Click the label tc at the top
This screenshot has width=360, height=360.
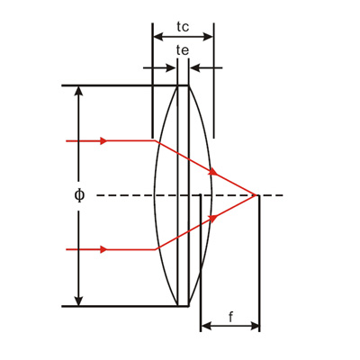(183, 24)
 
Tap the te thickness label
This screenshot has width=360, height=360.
(183, 50)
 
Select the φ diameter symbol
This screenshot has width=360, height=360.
(79, 195)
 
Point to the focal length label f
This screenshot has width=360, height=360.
(230, 317)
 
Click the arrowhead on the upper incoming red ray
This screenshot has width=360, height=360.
(104, 141)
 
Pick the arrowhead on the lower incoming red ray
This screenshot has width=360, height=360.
(104, 249)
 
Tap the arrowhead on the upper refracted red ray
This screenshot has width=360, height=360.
(213, 171)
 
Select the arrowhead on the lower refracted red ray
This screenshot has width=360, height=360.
(213, 219)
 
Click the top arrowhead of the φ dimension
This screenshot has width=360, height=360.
(79, 91)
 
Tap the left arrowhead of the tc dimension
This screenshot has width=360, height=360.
(157, 37)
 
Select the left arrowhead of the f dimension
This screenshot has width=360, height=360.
(205, 325)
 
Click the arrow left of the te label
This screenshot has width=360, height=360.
(172, 67)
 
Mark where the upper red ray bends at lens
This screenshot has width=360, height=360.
(157, 141)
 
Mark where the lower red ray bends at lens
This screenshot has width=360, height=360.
(157, 249)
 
